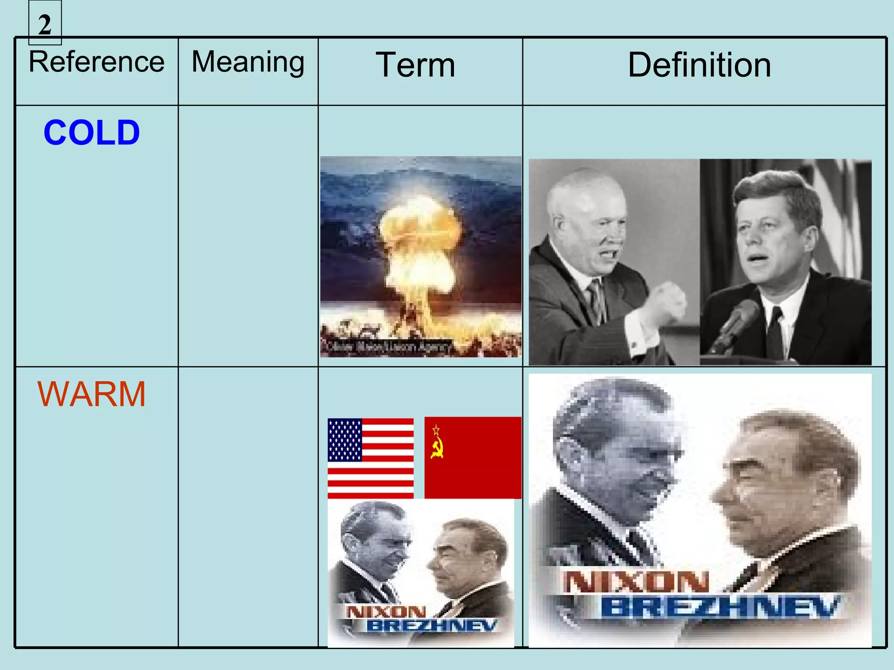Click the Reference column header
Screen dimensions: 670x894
[x=96, y=62]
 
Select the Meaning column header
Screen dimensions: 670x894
[x=248, y=62]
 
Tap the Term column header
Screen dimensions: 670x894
[x=416, y=65]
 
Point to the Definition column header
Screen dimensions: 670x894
[x=699, y=65]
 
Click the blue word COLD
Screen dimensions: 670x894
[x=92, y=133]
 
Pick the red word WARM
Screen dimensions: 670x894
[x=92, y=394]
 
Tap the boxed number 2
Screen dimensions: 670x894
[x=45, y=24]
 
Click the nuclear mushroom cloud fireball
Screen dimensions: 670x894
[x=419, y=244]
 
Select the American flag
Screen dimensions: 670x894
[x=371, y=458]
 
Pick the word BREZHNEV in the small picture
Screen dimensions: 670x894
[x=431, y=626]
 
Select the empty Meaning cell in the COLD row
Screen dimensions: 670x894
[x=248, y=236]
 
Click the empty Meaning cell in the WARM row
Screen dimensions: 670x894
[x=248, y=506]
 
